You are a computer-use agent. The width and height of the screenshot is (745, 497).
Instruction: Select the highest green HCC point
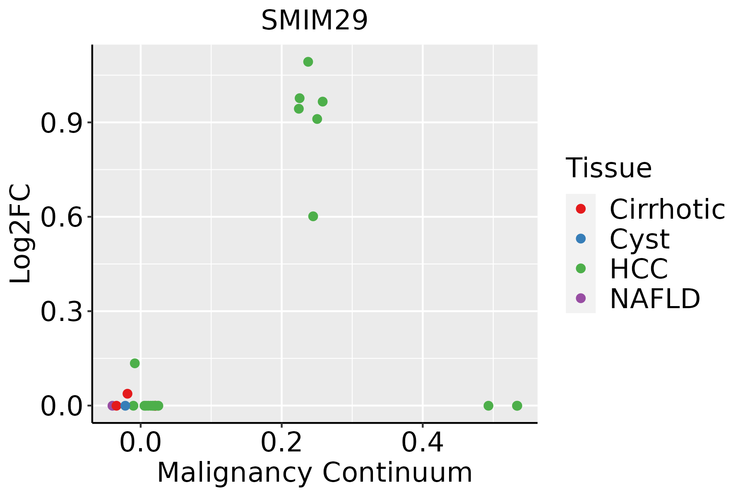tap(308, 62)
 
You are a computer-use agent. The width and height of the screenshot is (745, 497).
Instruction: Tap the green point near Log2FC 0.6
tap(313, 216)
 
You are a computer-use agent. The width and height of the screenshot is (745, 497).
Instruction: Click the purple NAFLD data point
tap(112, 405)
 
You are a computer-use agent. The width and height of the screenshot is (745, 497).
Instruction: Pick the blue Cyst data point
tap(125, 405)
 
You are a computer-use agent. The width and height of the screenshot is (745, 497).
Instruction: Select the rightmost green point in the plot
tap(517, 405)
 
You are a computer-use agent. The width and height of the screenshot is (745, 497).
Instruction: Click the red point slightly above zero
tap(127, 393)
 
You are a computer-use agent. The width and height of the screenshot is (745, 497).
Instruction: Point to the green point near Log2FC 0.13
tap(135, 363)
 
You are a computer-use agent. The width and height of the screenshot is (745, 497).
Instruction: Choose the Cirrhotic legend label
tap(667, 209)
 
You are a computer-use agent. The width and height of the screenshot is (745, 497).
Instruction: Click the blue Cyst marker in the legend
tap(581, 239)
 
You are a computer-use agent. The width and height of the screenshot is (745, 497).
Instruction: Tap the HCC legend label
tap(639, 268)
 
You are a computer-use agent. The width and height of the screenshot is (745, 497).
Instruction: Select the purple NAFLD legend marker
tap(581, 298)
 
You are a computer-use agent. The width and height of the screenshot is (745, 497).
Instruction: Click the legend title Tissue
tap(608, 168)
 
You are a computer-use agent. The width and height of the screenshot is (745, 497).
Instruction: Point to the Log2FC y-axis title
tap(21, 234)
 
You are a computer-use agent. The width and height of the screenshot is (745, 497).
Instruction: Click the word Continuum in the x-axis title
tap(397, 473)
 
